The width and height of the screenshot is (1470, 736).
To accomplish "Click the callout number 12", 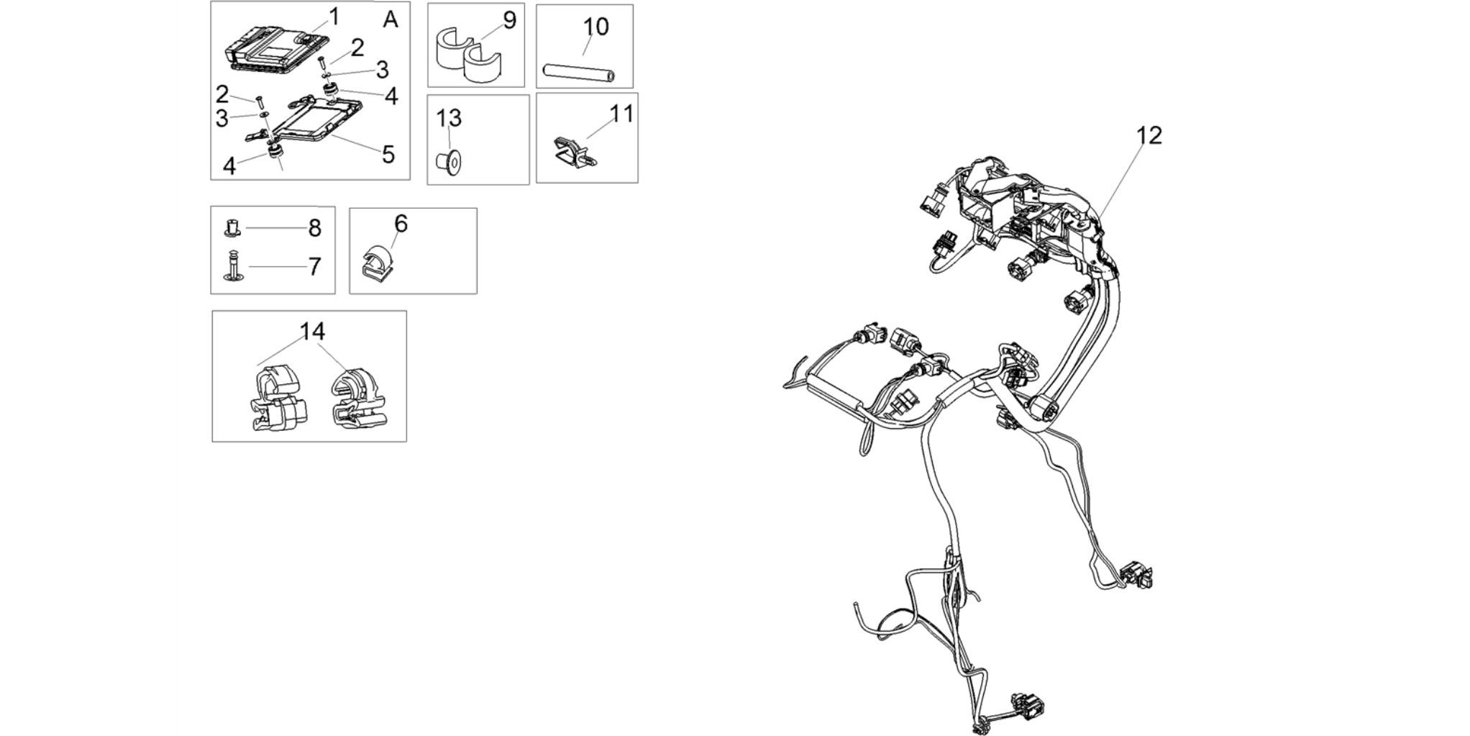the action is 1149,135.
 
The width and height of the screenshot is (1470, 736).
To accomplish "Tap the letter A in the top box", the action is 391,20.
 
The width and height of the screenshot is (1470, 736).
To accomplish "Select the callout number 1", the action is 334,17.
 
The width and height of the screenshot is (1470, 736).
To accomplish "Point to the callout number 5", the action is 388,154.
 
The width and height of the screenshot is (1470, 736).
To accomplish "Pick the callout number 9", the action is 509,20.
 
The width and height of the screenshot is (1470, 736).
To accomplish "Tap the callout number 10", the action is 595,27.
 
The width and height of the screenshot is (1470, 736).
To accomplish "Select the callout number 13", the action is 449,117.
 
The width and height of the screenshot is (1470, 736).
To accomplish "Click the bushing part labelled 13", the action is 449,163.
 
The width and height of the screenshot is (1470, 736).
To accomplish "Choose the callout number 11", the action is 621,114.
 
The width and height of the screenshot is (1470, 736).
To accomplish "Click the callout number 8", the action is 314,228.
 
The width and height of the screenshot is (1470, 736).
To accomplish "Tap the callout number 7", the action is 314,267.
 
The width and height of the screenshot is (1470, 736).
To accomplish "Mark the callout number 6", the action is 401,224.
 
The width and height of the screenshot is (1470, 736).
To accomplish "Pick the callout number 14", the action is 312,332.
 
